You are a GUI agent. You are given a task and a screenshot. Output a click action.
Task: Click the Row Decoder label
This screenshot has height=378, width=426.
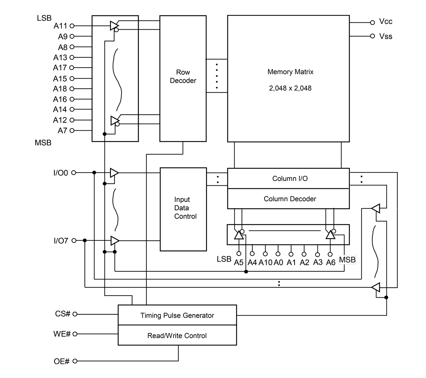[183, 76]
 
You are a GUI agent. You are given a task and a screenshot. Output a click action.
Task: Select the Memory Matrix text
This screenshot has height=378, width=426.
[290, 72]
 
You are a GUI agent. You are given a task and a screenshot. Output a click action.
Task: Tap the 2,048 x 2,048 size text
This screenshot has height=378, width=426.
[290, 88]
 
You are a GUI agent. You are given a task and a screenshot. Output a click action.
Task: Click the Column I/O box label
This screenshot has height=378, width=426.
[290, 178]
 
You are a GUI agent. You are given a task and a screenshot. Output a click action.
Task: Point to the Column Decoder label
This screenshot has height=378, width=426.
[290, 199]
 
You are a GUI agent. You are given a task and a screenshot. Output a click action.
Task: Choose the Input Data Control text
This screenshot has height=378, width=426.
[185, 208]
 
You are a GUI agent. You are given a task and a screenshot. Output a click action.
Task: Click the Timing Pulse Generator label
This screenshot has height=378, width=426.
[177, 315]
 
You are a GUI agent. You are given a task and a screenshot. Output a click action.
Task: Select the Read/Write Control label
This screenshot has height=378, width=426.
[177, 335]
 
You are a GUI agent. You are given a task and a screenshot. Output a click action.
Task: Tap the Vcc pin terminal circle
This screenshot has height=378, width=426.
[372, 22]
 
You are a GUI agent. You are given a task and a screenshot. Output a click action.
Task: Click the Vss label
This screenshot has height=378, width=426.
[386, 36]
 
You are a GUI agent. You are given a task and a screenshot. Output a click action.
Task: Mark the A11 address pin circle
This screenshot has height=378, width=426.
[72, 26]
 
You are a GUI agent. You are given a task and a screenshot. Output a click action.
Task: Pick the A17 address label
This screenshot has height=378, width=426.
[60, 68]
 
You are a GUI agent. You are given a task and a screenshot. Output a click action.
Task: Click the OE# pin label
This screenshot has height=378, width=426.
[62, 361]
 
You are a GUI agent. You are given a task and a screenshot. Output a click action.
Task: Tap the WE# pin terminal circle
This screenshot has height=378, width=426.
[75, 334]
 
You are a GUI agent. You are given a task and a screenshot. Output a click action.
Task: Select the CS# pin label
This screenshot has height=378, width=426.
[63, 314]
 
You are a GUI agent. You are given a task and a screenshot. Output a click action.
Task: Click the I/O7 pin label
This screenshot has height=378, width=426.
[61, 241]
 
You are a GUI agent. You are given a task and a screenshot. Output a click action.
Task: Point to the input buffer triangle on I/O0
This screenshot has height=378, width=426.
[114, 173]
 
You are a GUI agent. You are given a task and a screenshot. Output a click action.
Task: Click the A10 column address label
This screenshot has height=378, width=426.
[265, 262]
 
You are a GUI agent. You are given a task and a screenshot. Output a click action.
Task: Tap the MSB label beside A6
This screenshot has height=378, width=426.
[347, 260]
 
